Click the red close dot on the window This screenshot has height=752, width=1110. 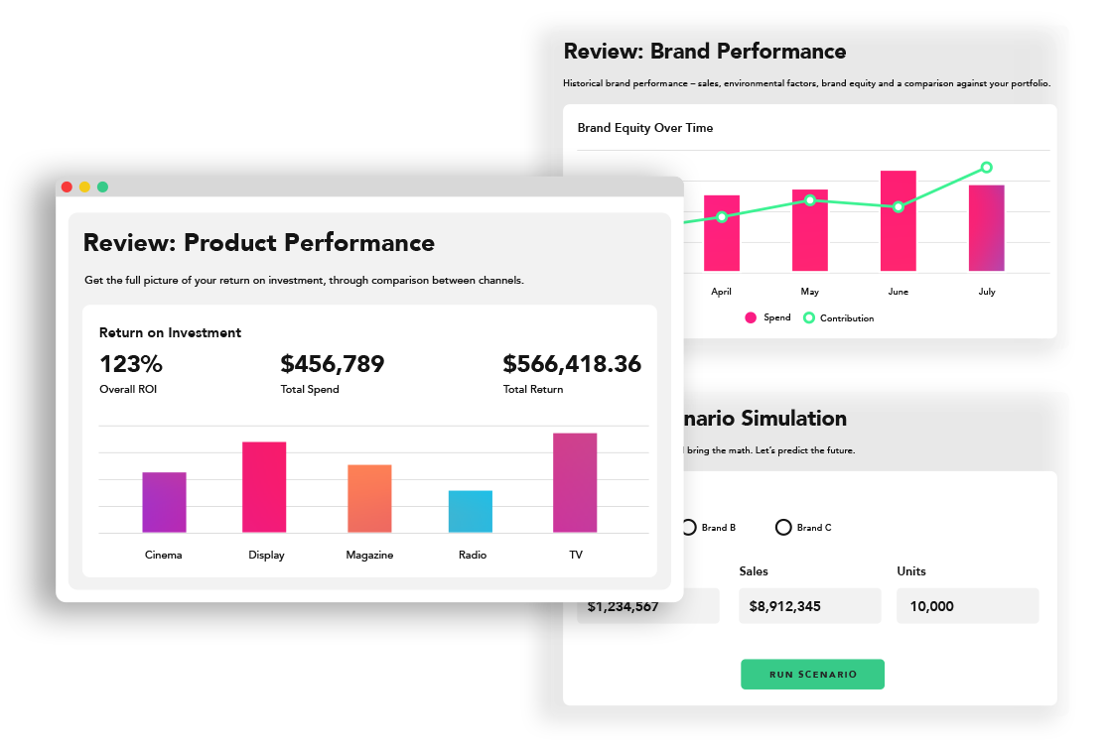coord(67,187)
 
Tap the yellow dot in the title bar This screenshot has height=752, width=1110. coord(84,187)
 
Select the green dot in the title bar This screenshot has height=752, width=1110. coord(102,187)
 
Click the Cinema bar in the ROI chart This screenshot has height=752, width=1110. coord(164,502)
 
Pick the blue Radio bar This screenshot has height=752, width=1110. coord(470,512)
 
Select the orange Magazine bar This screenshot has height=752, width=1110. coord(369,499)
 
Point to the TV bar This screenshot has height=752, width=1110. coord(575,483)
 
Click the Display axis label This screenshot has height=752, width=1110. coord(266,556)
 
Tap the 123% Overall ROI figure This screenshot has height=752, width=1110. coord(131,364)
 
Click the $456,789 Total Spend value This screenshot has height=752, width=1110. coord(332,364)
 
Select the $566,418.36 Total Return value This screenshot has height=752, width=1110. coord(572,364)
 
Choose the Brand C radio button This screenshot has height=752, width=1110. coord(783,528)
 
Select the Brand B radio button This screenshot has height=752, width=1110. coord(688,528)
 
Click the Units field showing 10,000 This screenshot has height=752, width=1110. coord(967,606)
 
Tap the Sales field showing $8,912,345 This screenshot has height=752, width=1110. coord(809,606)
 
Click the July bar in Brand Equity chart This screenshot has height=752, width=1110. coord(986,228)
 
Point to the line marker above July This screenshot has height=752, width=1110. coord(986,168)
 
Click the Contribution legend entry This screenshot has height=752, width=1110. coord(839,318)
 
